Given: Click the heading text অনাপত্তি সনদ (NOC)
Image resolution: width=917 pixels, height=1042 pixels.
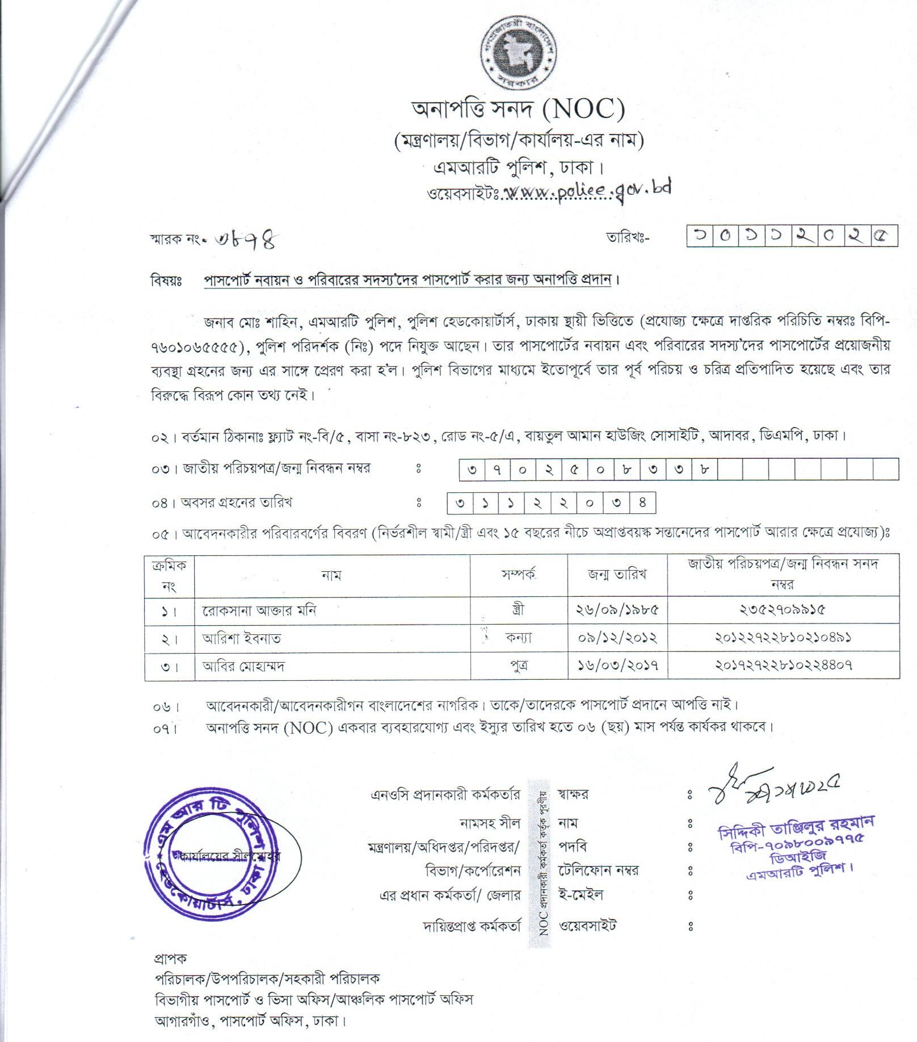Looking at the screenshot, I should coord(518,110).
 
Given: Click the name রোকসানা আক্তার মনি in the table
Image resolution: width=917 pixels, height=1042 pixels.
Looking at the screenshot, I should coord(259,610).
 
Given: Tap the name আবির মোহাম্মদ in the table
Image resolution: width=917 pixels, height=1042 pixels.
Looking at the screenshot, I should coord(243,666).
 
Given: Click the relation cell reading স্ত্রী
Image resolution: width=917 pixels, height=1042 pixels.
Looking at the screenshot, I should coord(518,610).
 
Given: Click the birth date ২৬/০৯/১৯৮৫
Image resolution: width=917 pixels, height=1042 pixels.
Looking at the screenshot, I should coord(617,610).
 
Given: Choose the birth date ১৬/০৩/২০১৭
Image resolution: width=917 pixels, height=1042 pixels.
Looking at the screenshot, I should coord(617,666).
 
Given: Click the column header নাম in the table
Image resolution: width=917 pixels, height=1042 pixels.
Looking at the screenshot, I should coord(331,575).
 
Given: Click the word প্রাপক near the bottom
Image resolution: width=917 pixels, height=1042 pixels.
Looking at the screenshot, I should coord(170,959).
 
